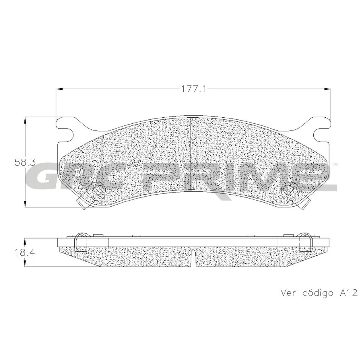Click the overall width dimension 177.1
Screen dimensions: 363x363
(194, 89)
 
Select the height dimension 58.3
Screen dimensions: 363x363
(25, 162)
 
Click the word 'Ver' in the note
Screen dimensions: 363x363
(288, 293)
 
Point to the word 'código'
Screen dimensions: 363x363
(318, 293)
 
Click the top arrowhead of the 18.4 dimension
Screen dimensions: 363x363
(25, 241)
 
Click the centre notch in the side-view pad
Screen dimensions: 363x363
(194, 258)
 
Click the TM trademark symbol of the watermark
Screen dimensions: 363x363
(334, 164)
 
